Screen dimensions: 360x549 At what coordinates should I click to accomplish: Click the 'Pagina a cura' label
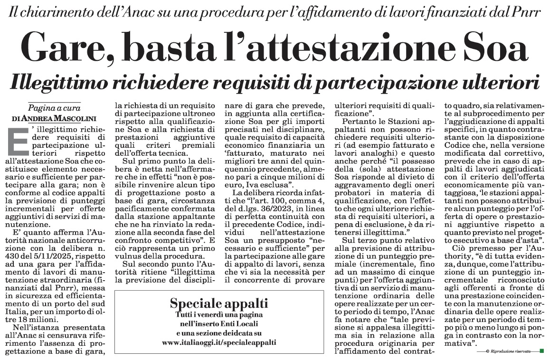pos(54,107)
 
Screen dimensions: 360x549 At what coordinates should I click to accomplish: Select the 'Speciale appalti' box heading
pos(219,303)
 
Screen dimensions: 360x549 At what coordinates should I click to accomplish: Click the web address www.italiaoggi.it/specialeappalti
pos(219,341)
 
